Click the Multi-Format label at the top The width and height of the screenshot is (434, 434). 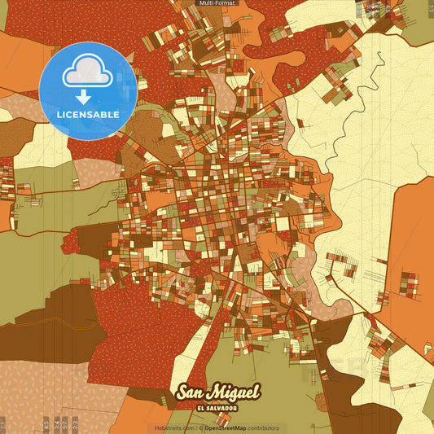click(x=217, y=3)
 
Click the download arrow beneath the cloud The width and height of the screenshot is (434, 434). click(x=85, y=96)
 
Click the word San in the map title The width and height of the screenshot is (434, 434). click(x=192, y=392)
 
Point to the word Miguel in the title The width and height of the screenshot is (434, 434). click(x=235, y=392)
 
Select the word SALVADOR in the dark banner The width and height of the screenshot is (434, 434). click(x=225, y=406)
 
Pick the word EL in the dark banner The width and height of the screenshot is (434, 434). click(x=201, y=406)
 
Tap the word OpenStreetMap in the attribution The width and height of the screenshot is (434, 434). click(x=226, y=427)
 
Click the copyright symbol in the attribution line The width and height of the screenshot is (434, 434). click(x=199, y=427)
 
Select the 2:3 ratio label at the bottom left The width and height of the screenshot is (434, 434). click(x=75, y=423)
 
